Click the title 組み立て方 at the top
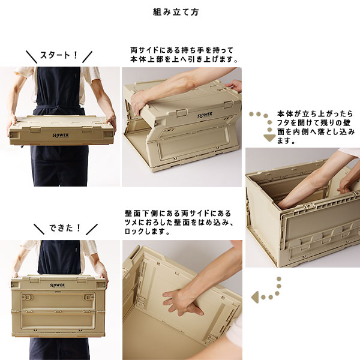pyautogui.click(x=176, y=12)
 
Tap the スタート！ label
pyautogui.click(x=59, y=55)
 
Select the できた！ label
pyautogui.click(x=65, y=228)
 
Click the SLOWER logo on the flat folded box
pyautogui.click(x=61, y=135)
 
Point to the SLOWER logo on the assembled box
pyautogui.click(x=58, y=285)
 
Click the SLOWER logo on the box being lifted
pyautogui.click(x=205, y=115)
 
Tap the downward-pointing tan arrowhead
pyautogui.click(x=269, y=137)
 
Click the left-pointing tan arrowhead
pyautogui.click(x=254, y=297)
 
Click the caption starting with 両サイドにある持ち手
pyautogui.click(x=184, y=55)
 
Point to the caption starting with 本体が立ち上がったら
pyautogui.click(x=316, y=127)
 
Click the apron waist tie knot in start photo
pyautogui.click(x=58, y=107)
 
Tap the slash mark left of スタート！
pyautogui.click(x=31, y=57)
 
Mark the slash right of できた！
pyautogui.click(x=92, y=229)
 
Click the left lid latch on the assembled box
pyautogui.click(x=34, y=280)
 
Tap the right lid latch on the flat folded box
pyautogui.click(x=87, y=129)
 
